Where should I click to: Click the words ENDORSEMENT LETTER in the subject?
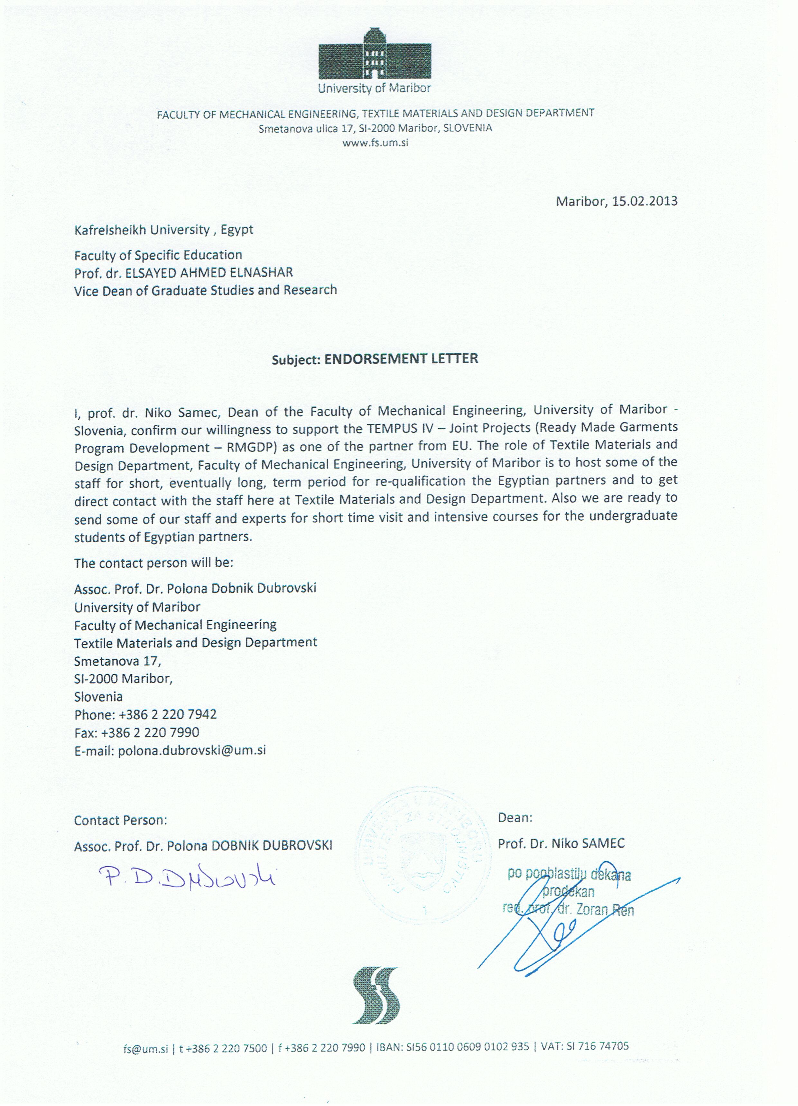coord(401,358)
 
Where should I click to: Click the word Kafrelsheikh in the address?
coord(111,230)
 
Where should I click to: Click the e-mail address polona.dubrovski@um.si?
coord(192,750)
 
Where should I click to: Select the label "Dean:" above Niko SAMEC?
coord(515,818)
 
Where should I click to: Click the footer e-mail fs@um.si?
coord(146,1047)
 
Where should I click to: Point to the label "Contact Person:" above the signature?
coord(120,820)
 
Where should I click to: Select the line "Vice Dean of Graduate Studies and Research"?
coord(205,290)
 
